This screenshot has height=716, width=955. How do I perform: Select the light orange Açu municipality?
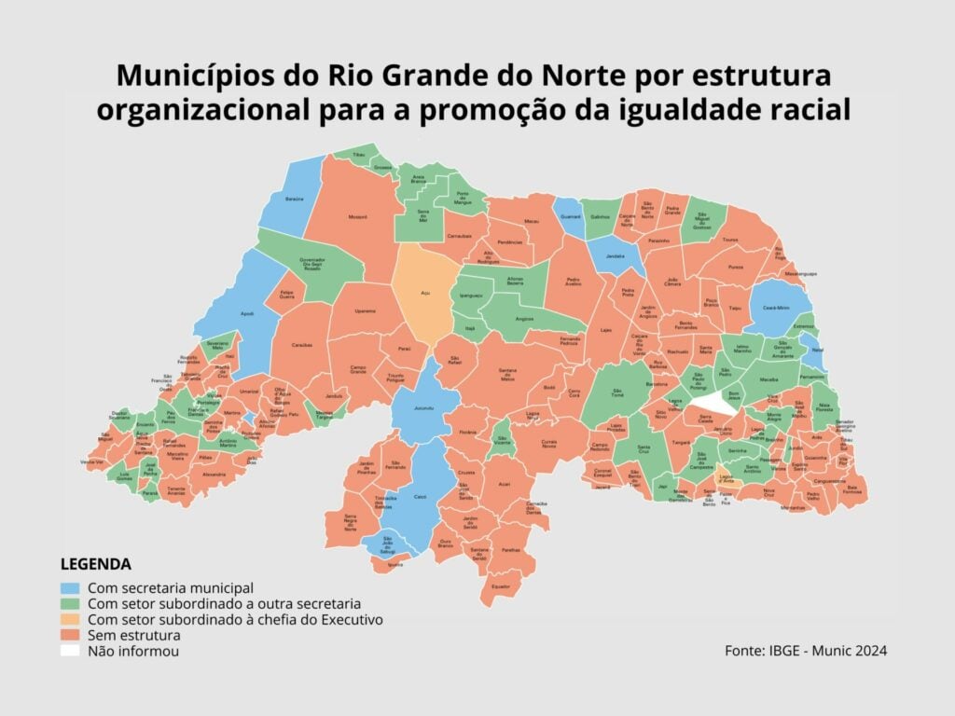[x=424, y=291]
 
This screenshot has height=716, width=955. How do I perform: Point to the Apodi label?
[x=247, y=314]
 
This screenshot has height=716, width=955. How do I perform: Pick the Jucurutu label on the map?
[x=423, y=408]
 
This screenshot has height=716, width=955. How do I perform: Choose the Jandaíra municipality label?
[x=616, y=255]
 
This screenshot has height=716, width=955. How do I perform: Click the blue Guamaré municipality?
[x=570, y=215]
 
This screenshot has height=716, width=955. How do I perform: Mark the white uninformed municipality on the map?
[x=715, y=403]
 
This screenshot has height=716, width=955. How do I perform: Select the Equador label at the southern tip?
[x=502, y=586]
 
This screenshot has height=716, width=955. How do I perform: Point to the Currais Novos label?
[x=549, y=444]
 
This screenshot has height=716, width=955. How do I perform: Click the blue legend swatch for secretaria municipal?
[x=70, y=589]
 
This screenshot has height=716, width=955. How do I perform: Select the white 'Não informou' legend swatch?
[x=70, y=652]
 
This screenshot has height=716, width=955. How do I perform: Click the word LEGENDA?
[x=95, y=565]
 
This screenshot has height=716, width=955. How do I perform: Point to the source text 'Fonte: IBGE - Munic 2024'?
[x=805, y=650]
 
